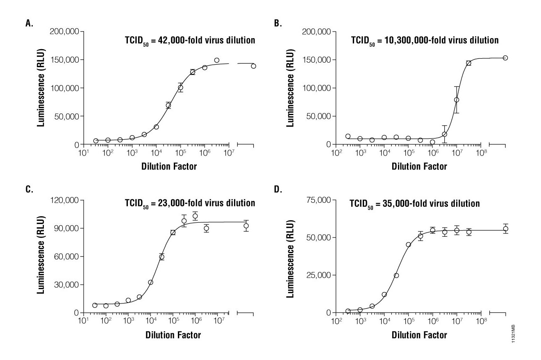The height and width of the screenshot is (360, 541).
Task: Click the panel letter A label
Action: pos(29,23)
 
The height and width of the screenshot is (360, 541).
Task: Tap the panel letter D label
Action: pos(277,190)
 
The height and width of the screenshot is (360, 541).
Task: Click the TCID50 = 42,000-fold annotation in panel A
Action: pos(190,41)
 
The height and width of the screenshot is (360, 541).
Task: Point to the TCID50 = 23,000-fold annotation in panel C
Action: pos(190,204)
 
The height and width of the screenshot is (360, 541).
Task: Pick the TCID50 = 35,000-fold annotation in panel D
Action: pos(414,204)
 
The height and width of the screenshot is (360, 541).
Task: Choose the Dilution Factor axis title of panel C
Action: pos(173,335)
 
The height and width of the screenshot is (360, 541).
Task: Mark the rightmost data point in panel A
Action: pos(253,66)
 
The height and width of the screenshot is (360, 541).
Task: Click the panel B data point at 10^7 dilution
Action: pos(457,100)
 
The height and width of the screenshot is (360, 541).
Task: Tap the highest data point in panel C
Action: pos(195,216)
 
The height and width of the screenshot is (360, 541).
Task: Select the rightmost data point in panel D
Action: pos(505,229)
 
